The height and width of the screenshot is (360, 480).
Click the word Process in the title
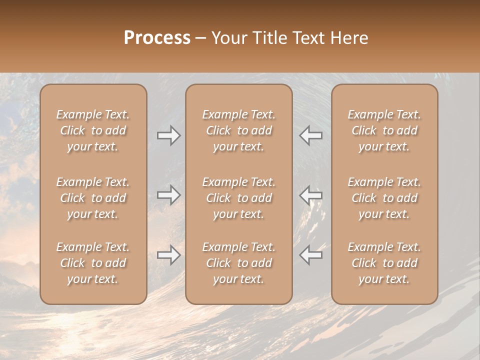coord(157,38)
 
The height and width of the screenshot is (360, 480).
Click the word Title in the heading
coord(270,38)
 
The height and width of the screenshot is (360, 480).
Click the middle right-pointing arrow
coord(168,195)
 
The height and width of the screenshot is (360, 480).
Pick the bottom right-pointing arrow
coord(168,255)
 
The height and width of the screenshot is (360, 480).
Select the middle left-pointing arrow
coord(310,195)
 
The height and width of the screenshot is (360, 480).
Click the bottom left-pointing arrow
coord(310,255)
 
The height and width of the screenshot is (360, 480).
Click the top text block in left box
coord(93,130)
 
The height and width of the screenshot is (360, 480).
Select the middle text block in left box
coord(93,198)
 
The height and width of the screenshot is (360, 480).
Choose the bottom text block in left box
coord(93,263)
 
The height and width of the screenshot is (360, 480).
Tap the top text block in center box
coord(238,130)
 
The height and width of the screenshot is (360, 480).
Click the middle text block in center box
coord(238,198)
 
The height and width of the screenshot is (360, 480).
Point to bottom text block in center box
coord(238,263)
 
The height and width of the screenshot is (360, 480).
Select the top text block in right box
coord(384,130)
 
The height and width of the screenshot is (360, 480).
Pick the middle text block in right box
coord(384,198)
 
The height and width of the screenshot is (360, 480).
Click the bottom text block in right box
coord(384,263)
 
